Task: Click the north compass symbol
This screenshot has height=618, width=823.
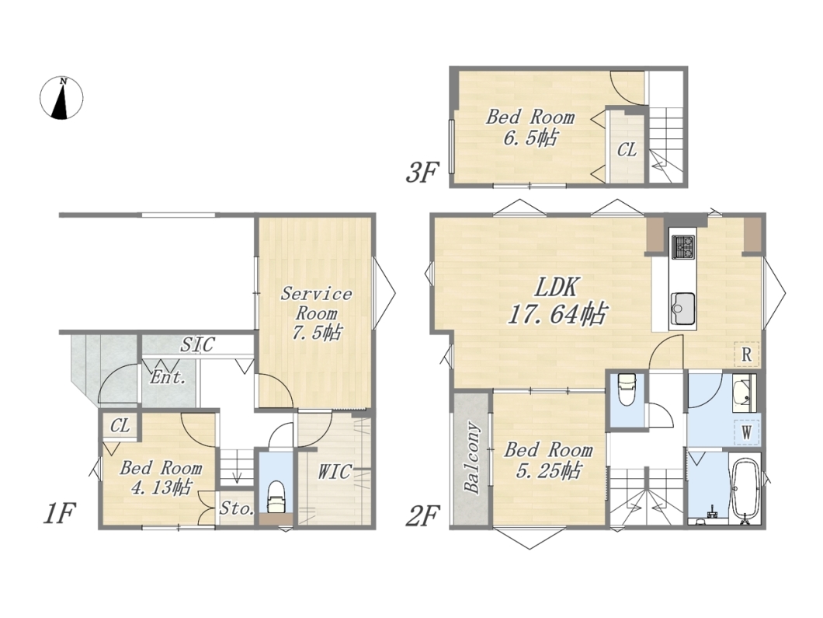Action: (62, 98)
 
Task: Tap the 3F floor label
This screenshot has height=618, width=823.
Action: (422, 173)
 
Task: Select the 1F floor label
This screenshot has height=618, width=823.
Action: (59, 513)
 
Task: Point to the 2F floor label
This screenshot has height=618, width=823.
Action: (422, 516)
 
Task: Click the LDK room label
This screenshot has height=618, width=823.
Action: (557, 288)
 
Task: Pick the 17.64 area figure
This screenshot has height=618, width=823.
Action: (557, 314)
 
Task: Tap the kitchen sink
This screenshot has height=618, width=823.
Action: (682, 309)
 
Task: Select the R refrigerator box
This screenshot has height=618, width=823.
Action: (746, 354)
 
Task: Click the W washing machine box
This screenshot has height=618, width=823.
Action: (746, 433)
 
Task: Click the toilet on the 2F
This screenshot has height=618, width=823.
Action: (627, 388)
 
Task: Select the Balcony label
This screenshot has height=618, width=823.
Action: (472, 458)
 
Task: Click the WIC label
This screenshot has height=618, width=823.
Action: (334, 471)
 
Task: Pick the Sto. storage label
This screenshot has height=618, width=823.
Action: (238, 508)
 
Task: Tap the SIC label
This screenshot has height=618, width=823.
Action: (197, 344)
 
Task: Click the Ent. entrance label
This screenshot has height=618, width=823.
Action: (168, 377)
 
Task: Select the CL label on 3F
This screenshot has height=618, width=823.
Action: (627, 150)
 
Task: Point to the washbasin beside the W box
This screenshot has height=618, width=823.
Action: (744, 393)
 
